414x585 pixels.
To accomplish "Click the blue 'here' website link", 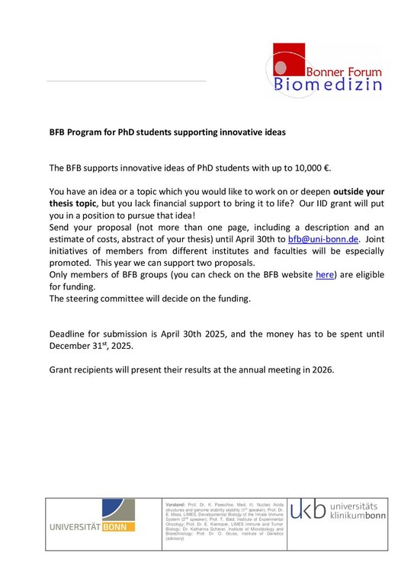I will (x=325, y=274).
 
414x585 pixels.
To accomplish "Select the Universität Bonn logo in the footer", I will (x=92, y=526).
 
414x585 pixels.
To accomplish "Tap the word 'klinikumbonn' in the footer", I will (x=361, y=516).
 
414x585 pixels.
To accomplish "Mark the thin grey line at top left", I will (x=126, y=81).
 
